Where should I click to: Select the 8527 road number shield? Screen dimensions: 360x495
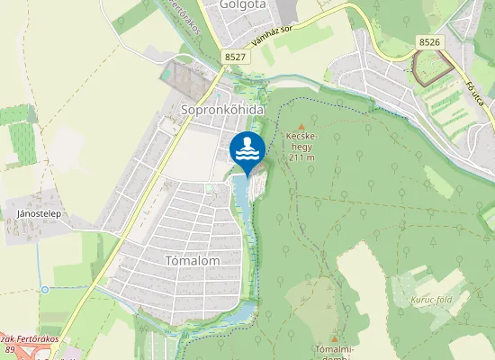click(236, 57)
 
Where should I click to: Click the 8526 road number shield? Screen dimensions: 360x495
click(430, 40)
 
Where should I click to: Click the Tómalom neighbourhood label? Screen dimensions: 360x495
click(193, 259)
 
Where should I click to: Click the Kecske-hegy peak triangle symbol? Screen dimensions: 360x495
click(301, 126)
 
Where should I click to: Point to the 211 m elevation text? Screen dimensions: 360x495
click(301, 157)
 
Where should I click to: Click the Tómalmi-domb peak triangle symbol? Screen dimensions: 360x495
click(334, 337)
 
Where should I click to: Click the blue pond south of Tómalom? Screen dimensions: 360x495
click(240, 314)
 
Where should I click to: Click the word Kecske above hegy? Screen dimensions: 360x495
click(301, 137)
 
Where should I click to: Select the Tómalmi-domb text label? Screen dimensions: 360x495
click(334, 352)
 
